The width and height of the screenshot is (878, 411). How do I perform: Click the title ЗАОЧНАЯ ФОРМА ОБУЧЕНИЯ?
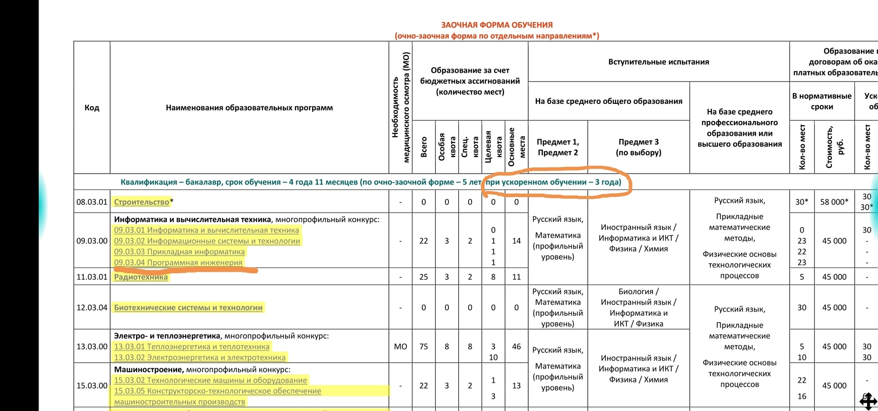pos(497,25)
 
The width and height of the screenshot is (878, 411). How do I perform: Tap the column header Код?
pos(92,108)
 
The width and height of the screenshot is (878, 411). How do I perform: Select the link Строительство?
pos(141,202)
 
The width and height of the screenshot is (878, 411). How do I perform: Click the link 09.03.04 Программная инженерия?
pos(178,263)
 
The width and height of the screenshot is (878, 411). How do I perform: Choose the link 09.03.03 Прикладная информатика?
pos(179,252)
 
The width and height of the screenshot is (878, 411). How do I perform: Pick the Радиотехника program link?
pos(141,277)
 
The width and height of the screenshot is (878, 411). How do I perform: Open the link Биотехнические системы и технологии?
pos(188,308)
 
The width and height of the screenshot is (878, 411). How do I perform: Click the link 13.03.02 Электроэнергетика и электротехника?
pos(199,357)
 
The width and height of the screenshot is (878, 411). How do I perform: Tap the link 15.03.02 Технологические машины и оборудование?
pos(210,380)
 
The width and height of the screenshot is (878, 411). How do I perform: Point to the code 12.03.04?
pos(92,308)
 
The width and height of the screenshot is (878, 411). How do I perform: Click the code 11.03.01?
pos(92,277)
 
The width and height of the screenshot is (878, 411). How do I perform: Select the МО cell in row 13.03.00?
pos(400,347)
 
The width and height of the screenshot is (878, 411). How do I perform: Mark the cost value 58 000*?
pos(834,202)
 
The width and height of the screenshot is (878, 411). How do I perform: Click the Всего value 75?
pos(424,347)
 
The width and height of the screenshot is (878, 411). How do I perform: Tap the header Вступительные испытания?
pos(658,62)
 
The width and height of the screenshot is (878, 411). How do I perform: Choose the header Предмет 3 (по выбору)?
pos(638,147)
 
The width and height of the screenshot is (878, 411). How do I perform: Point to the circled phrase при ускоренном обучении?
pos(536,182)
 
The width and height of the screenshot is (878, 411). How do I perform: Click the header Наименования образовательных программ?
pos(249,108)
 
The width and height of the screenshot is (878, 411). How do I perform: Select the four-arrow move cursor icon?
pos(869,402)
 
